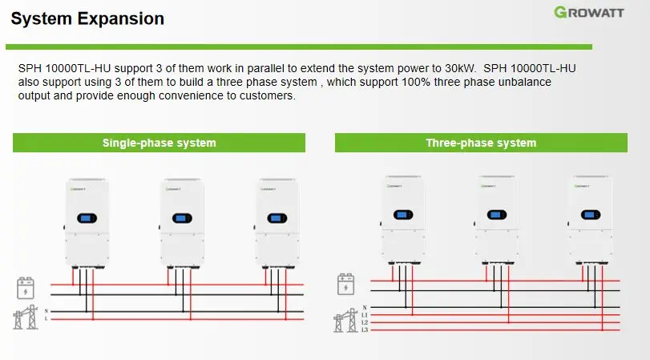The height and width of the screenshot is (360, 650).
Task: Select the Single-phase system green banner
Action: tap(159, 143)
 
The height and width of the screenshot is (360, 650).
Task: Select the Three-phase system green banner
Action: tap(481, 143)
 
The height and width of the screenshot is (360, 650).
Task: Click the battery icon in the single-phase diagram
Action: tap(26, 287)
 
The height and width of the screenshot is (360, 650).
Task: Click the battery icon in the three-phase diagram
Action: tap(345, 284)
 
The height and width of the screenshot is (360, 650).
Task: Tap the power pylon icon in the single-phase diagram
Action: tap(25, 317)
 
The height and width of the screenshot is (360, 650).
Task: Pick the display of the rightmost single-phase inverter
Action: tap(277, 217)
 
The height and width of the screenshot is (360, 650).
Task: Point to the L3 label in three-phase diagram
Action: tap(365, 330)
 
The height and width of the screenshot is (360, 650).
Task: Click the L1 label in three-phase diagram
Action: tap(365, 315)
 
